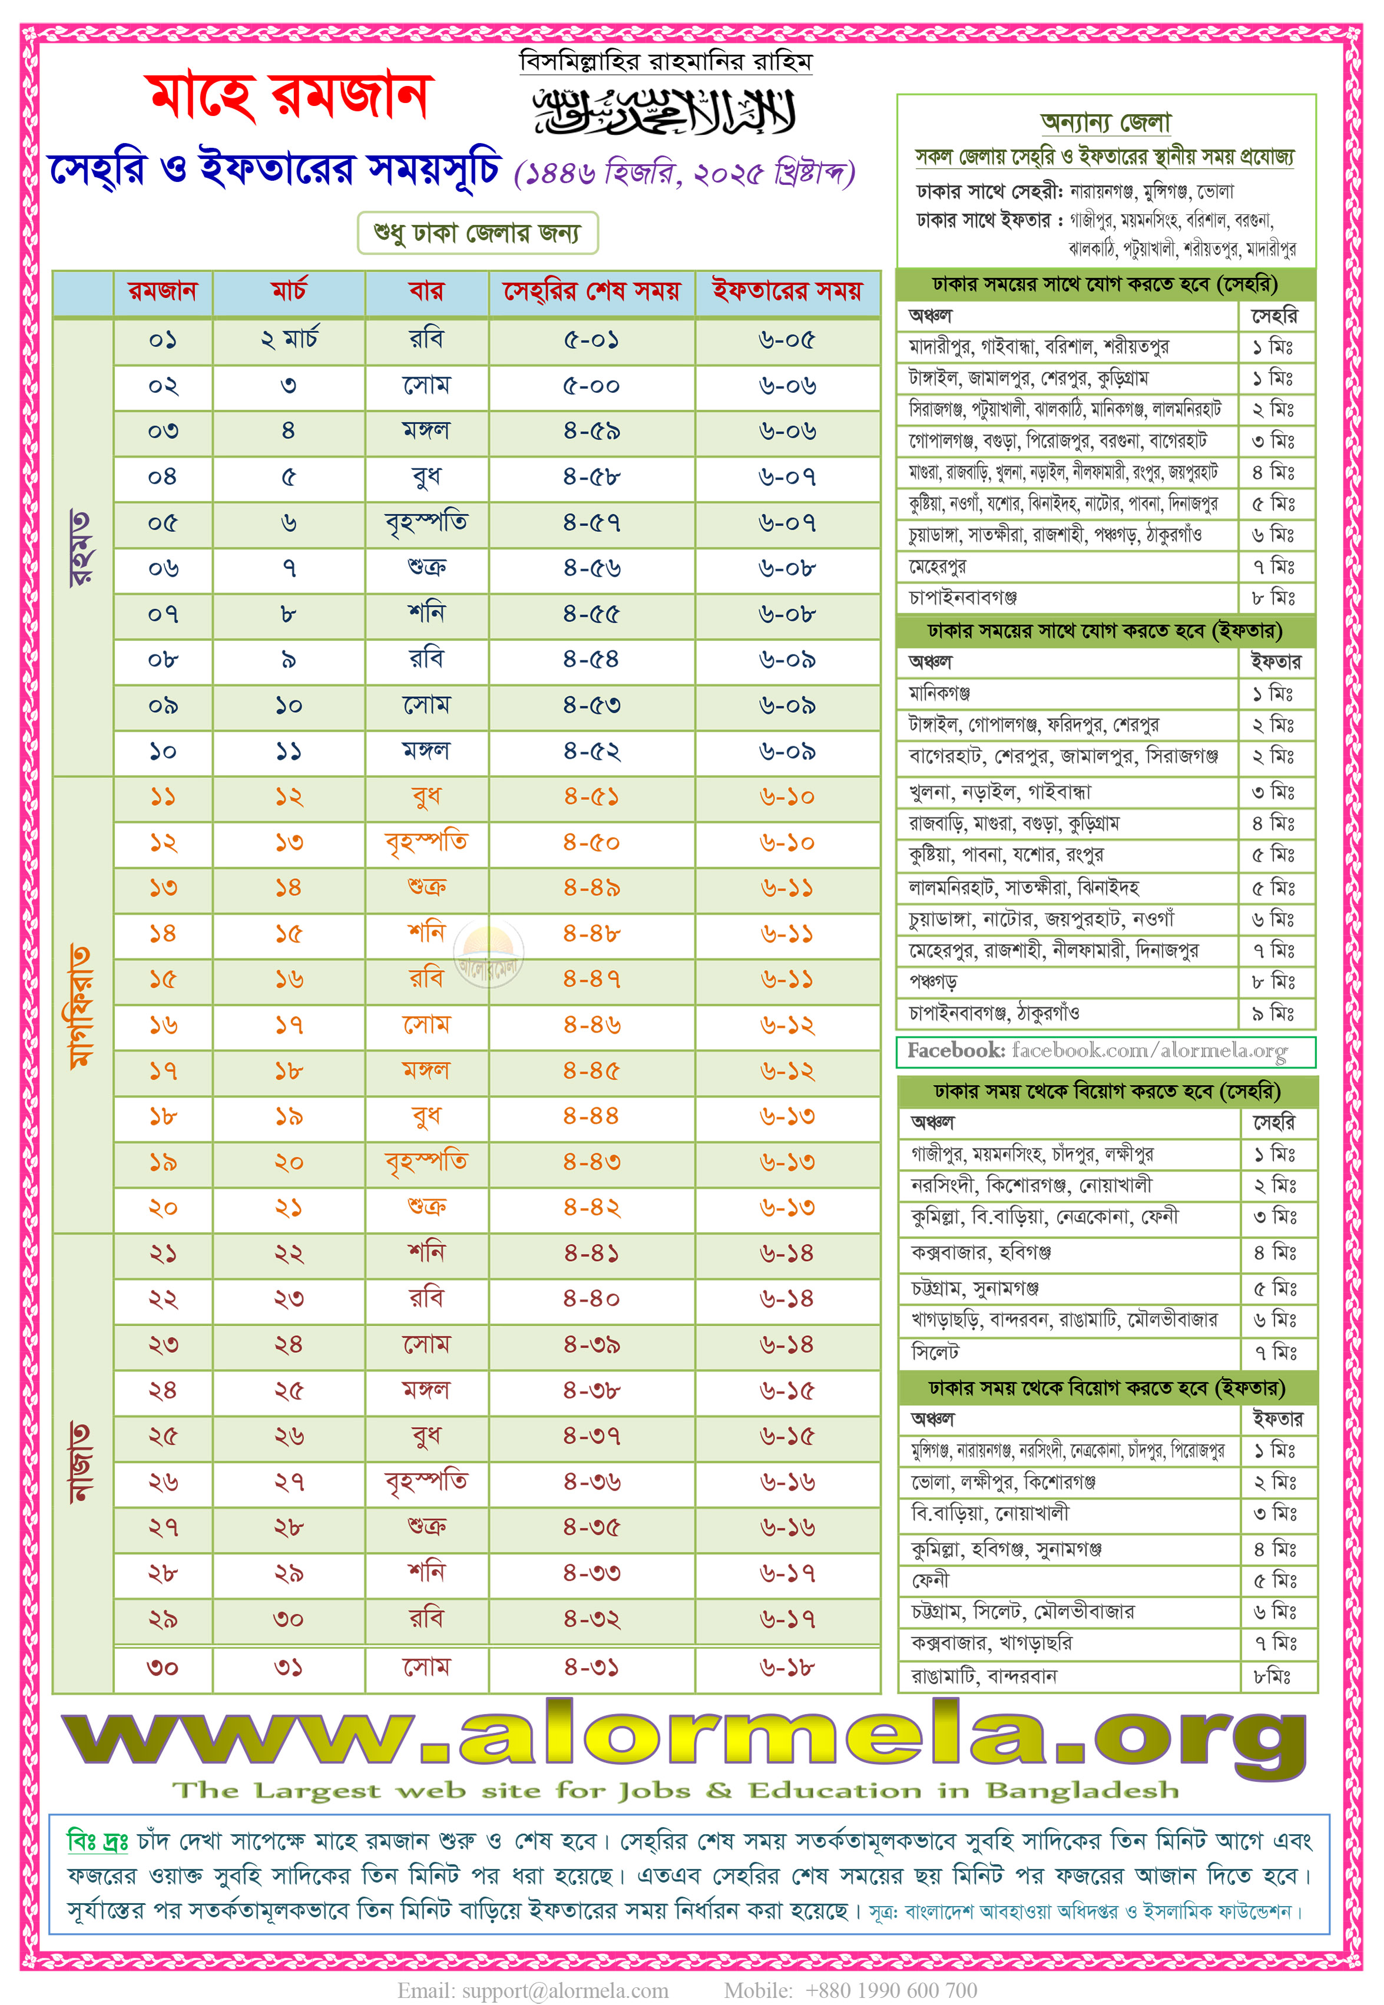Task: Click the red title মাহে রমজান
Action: [x=289, y=97]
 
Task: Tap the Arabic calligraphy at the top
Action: [x=664, y=113]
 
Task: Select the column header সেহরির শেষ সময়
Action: [x=591, y=292]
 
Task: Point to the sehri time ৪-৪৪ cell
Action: [x=591, y=1116]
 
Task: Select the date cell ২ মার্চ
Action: [x=289, y=340]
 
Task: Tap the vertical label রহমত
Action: [x=81, y=548]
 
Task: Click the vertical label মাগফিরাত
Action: [x=81, y=1006]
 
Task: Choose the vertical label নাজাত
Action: [x=81, y=1462]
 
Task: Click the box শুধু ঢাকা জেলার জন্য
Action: [x=478, y=233]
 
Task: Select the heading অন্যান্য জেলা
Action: [x=1105, y=123]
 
